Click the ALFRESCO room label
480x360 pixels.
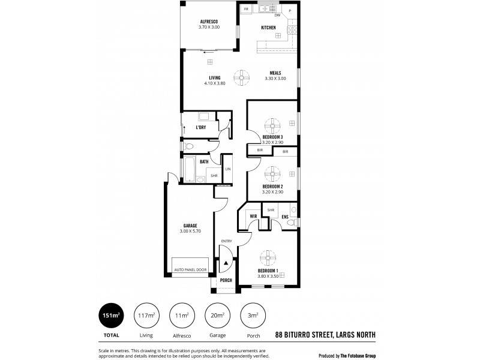(210, 22)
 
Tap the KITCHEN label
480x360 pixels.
(268, 28)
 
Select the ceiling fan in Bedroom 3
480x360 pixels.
(273, 125)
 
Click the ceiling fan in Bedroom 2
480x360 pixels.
(273, 175)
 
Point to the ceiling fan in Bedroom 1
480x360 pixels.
(268, 258)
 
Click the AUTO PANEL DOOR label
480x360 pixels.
(190, 270)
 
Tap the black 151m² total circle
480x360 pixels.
(112, 316)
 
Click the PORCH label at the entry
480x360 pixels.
(226, 280)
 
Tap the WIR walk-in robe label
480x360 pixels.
(253, 215)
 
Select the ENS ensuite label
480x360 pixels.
(285, 216)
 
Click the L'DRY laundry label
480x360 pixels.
(201, 127)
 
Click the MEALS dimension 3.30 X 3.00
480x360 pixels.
(275, 79)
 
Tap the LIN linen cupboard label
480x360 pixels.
(227, 170)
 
